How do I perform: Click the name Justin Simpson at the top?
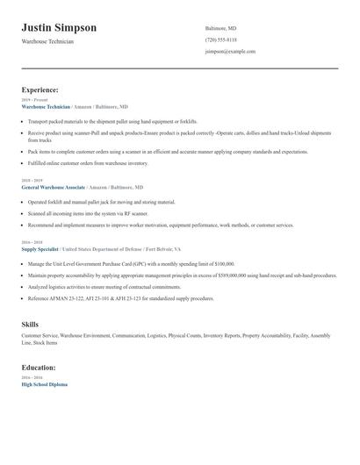point(59,28)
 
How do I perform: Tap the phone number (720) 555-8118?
point(220,39)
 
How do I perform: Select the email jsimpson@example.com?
point(230,51)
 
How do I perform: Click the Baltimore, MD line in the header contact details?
point(220,28)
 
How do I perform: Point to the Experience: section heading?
point(40,89)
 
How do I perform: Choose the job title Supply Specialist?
point(40,248)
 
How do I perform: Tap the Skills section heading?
point(30,325)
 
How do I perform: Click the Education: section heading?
point(39,368)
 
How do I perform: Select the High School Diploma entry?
point(44,384)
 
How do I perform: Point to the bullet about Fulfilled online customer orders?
point(88,163)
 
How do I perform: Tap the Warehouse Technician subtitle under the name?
point(47,41)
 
